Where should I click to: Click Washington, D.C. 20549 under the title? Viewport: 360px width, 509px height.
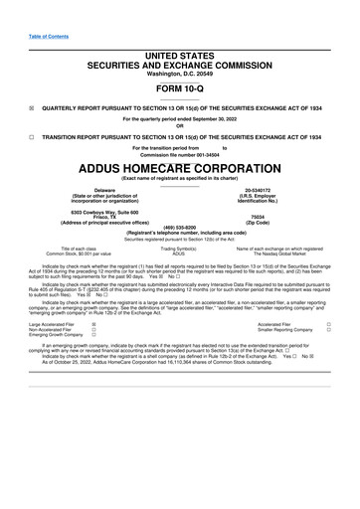pos(179,47)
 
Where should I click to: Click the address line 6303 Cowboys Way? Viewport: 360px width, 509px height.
pos(104,211)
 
